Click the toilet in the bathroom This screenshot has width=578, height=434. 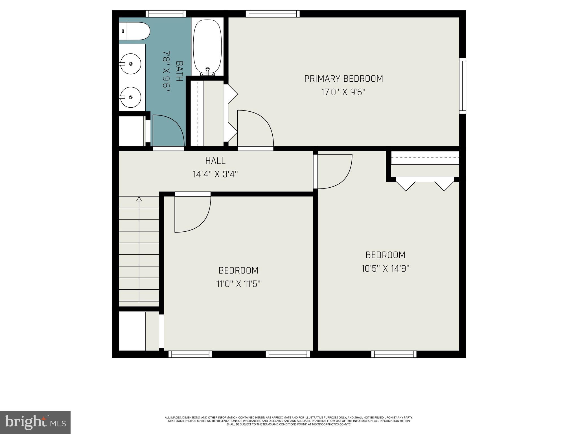click(135, 31)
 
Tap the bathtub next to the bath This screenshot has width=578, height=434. click(207, 47)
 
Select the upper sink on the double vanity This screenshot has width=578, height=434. click(130, 64)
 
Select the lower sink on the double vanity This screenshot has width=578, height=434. click(130, 97)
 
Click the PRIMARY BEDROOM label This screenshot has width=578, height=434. click(343, 79)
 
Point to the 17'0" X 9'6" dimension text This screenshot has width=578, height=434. click(343, 92)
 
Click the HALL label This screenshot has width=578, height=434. click(215, 161)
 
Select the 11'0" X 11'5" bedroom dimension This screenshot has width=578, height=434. click(238, 284)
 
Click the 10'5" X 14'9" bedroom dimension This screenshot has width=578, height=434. click(385, 268)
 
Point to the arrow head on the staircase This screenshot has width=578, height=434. click(139, 199)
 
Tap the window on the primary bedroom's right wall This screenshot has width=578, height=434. click(462, 86)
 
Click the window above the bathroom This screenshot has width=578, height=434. click(166, 14)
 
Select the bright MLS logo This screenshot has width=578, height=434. click(35, 422)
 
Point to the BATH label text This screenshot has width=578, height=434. click(179, 71)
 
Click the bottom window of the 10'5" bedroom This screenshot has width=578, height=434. click(394, 354)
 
